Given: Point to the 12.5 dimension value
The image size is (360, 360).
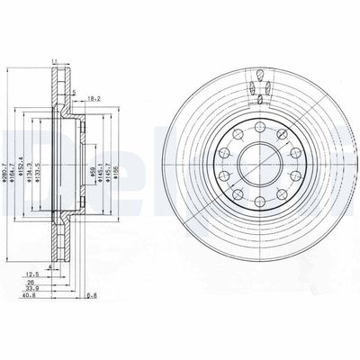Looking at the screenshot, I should tap(31, 274).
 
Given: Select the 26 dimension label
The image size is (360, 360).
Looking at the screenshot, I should tap(32, 283).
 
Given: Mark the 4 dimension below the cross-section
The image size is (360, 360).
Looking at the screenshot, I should tap(51, 267).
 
